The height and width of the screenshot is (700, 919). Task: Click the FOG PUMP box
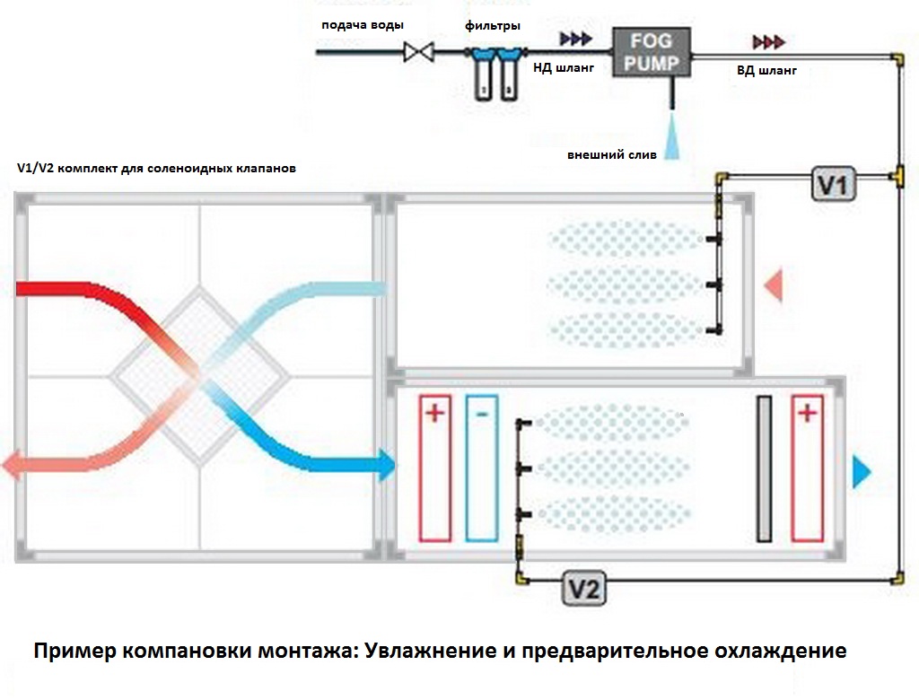coord(652,52)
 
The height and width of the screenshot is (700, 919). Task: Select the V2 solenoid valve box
coord(583,588)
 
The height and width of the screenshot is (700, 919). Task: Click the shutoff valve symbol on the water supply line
coord(418,52)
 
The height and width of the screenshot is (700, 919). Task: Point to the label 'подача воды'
coord(363,25)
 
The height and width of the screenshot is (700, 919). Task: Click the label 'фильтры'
coord(493,26)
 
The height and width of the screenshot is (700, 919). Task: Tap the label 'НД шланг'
coord(564,68)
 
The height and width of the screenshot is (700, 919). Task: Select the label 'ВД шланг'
coord(766,71)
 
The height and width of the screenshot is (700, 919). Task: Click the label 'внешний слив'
coord(611,155)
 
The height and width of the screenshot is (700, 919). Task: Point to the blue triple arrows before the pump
coord(575,39)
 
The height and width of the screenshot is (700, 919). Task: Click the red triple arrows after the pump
coord(769,42)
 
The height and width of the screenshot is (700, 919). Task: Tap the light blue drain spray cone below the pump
coord(672,136)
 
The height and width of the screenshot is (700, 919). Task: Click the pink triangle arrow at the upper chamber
coord(774,285)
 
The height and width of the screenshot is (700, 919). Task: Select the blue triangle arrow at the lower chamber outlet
coord(862,472)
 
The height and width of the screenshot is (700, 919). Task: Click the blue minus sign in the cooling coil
coord(482,414)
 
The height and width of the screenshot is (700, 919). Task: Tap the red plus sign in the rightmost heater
coord(807,413)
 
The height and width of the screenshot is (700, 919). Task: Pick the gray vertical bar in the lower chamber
coord(765,469)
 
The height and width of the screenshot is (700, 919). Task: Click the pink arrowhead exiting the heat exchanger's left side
coord(12,466)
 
